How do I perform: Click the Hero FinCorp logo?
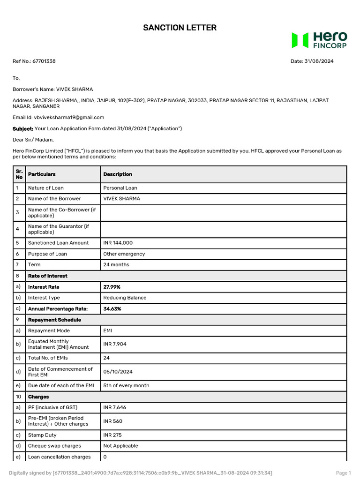point(319,40)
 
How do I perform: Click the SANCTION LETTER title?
point(180,28)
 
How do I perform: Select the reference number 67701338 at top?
point(44,61)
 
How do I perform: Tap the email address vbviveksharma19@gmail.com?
point(69,118)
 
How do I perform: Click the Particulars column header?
point(42,174)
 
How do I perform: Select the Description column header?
point(118,174)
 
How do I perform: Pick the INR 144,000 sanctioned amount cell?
point(118,243)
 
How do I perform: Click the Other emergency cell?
point(124,254)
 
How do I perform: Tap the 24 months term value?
point(116,265)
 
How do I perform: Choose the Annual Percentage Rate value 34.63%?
point(112,309)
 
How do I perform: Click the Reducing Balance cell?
point(125,298)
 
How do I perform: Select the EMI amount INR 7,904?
point(114,344)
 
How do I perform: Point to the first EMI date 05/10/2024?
point(118,372)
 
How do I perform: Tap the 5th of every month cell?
point(126,385)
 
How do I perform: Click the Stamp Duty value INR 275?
point(112,435)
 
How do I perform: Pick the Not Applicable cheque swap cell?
point(120,446)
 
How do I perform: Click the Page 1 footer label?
point(343,473)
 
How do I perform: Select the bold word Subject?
point(22,128)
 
